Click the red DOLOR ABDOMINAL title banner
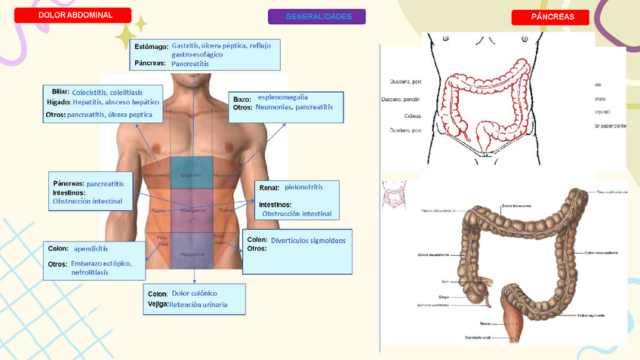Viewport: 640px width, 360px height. click(75, 15)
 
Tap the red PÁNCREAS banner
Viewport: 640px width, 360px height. click(549, 17)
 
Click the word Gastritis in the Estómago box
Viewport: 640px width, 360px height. click(186, 45)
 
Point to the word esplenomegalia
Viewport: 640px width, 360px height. click(282, 97)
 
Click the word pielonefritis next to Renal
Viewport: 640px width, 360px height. click(303, 186)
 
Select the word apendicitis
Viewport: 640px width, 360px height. click(91, 248)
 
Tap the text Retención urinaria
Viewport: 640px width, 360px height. click(198, 305)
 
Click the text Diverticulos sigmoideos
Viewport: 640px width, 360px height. click(308, 240)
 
